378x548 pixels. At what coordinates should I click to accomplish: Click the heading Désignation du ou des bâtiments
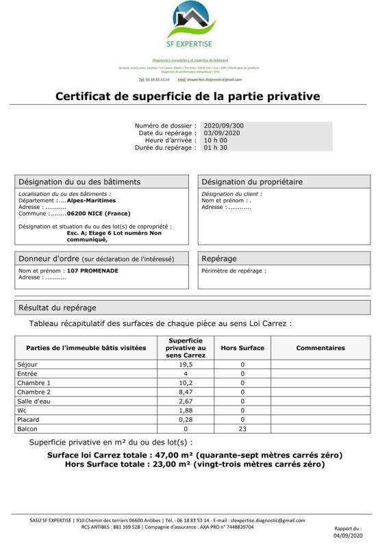(x=79, y=182)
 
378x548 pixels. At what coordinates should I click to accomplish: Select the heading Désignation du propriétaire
(x=252, y=182)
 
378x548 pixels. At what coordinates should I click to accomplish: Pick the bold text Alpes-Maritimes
(x=91, y=201)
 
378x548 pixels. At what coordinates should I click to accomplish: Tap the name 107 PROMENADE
(x=92, y=271)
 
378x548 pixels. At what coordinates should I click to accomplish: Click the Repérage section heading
(x=219, y=259)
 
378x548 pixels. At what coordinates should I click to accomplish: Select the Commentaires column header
(x=320, y=348)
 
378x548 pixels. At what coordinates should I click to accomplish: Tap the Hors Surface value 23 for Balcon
(x=242, y=429)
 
